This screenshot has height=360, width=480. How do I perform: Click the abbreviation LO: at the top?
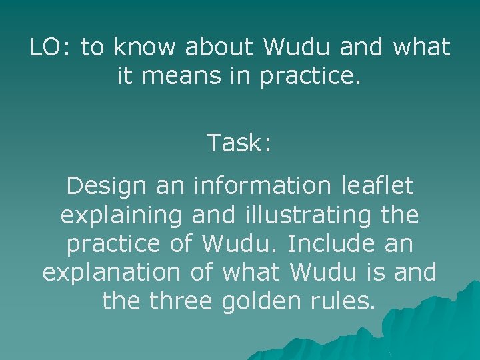pyautogui.click(x=51, y=47)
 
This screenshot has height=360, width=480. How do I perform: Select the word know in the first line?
pyautogui.click(x=146, y=47)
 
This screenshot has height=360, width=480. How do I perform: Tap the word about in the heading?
pyautogui.click(x=219, y=47)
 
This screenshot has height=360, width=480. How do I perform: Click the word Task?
pyautogui.click(x=239, y=143)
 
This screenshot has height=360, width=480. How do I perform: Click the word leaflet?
pyautogui.click(x=383, y=186)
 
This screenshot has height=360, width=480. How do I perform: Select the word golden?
pyautogui.click(x=264, y=301)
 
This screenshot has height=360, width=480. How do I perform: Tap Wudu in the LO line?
pyautogui.click(x=297, y=47)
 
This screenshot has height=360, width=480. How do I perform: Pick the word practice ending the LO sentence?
pyautogui.click(x=310, y=77)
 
